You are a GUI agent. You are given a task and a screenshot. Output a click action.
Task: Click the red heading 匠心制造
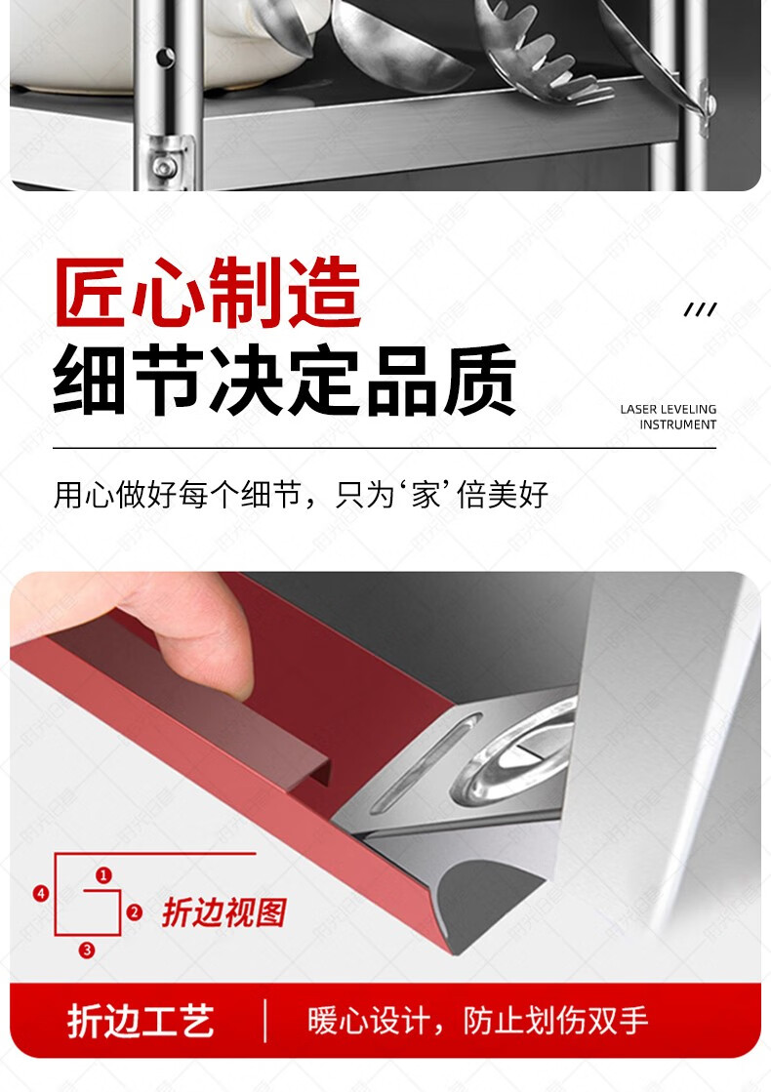[x=208, y=292]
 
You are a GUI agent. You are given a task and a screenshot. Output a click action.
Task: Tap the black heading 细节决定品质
[x=284, y=380]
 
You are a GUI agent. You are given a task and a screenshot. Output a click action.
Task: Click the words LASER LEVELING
[x=668, y=409]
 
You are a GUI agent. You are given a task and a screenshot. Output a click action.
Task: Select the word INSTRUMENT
[x=677, y=425]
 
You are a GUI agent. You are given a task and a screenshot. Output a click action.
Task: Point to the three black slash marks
[x=700, y=309]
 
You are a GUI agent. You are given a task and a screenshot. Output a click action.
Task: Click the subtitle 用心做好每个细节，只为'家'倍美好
[x=301, y=495]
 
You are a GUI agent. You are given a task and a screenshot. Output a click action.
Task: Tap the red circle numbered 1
[x=103, y=874]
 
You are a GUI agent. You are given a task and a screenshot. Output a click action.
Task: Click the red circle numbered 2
[x=135, y=911]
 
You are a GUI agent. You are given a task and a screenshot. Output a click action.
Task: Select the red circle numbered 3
[x=86, y=950]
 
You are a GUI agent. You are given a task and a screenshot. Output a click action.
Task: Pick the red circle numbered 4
[x=41, y=893]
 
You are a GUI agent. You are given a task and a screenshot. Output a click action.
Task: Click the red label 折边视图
[x=224, y=912]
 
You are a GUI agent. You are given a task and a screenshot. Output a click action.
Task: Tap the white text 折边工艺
[x=141, y=1021]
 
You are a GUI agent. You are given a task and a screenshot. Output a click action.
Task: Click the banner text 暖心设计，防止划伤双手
[x=478, y=1021]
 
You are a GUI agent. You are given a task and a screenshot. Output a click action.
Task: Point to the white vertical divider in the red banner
[x=265, y=1021]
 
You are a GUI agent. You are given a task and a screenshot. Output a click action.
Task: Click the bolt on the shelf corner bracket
[x=165, y=167]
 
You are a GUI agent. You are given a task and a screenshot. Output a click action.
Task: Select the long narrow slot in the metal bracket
[x=426, y=763]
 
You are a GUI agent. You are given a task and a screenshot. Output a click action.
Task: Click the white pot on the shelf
[x=167, y=42]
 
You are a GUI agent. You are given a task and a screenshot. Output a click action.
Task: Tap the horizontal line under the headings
[x=385, y=449]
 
